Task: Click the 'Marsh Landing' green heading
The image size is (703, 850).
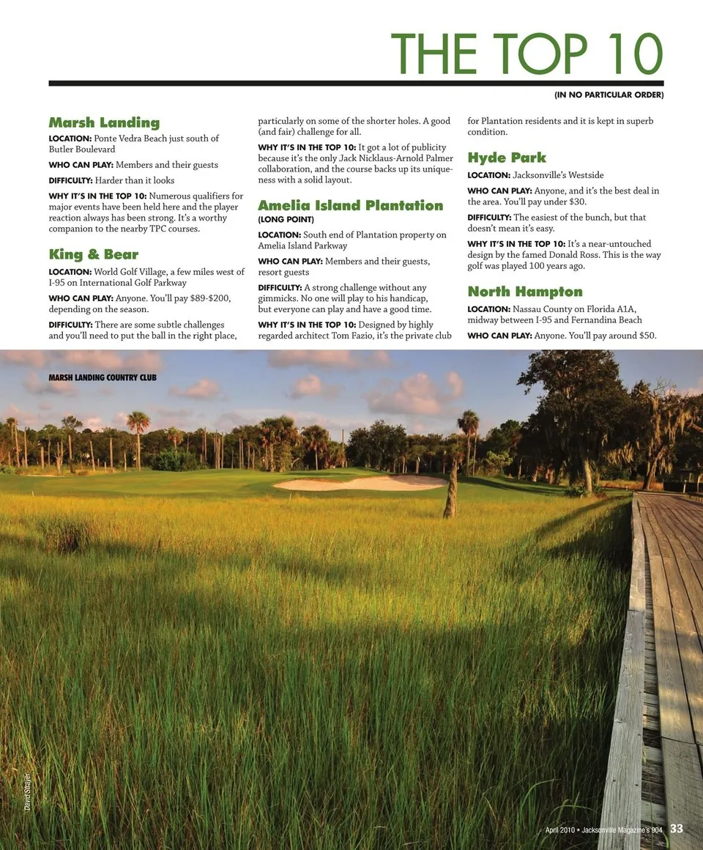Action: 104,122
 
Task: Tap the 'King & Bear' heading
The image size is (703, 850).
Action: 93,255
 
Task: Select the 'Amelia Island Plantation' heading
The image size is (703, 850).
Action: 350,205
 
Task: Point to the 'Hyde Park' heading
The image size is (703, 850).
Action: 507,158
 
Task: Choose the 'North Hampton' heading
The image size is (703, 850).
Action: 525,292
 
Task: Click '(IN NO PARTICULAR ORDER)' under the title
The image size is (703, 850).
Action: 609,95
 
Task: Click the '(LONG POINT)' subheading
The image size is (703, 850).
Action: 286,219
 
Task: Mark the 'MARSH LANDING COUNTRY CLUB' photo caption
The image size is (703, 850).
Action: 103,378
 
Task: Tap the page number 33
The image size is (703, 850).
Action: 676,829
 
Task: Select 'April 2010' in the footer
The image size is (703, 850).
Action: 560,829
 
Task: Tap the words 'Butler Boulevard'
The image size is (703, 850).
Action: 82,149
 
